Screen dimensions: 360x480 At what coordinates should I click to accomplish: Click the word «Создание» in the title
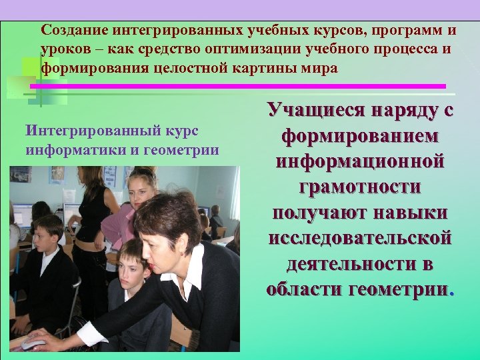click(74, 31)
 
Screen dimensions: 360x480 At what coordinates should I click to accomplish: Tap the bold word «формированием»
click(360, 137)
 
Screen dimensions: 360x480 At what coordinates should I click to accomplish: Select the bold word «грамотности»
click(360, 187)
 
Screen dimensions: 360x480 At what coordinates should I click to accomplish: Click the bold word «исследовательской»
click(360, 239)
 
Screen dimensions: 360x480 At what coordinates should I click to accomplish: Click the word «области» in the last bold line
click(303, 290)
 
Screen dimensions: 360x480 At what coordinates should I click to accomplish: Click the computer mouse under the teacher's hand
click(33, 343)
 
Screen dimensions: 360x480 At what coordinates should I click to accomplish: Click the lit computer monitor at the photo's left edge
click(22, 214)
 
